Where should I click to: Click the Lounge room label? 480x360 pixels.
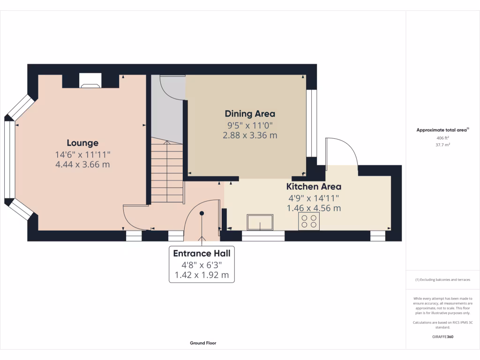click(x=82, y=143)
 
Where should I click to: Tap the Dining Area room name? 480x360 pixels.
click(x=250, y=113)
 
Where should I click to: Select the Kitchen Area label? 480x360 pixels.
click(x=314, y=187)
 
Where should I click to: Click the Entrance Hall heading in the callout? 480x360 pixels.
click(x=202, y=254)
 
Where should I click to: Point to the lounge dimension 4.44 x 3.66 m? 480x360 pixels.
click(x=82, y=165)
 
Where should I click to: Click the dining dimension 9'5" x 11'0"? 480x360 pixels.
click(x=250, y=125)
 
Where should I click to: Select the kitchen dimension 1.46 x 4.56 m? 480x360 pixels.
click(x=314, y=208)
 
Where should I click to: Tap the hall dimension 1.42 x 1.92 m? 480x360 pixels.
click(x=202, y=275)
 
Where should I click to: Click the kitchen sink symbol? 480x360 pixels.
click(x=260, y=222)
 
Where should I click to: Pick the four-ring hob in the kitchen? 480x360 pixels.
click(x=309, y=221)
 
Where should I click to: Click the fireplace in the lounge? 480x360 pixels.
click(x=90, y=80)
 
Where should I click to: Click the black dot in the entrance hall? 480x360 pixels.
click(x=202, y=213)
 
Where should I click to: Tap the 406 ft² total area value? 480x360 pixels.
click(x=442, y=138)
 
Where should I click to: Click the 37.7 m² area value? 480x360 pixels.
click(x=442, y=145)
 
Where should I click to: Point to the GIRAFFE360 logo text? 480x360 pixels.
click(x=442, y=337)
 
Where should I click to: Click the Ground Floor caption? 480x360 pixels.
click(x=203, y=343)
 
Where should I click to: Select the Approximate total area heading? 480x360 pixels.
click(x=442, y=130)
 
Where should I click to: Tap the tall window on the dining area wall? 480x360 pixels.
click(x=309, y=123)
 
